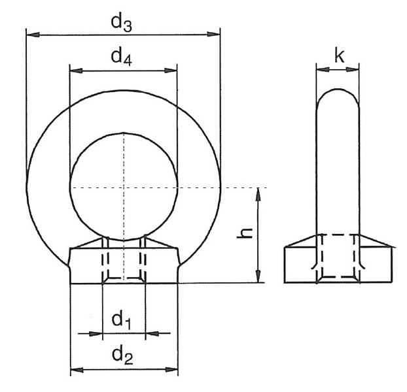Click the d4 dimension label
pos(121,58)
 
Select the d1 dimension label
pos(121,319)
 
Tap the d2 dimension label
pos(122,355)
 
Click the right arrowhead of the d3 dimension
pos(214,32)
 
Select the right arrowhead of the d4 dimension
pos(172,68)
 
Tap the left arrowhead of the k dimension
pos(321,67)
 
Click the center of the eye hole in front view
pos(124,188)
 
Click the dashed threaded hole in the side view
pos(338,258)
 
